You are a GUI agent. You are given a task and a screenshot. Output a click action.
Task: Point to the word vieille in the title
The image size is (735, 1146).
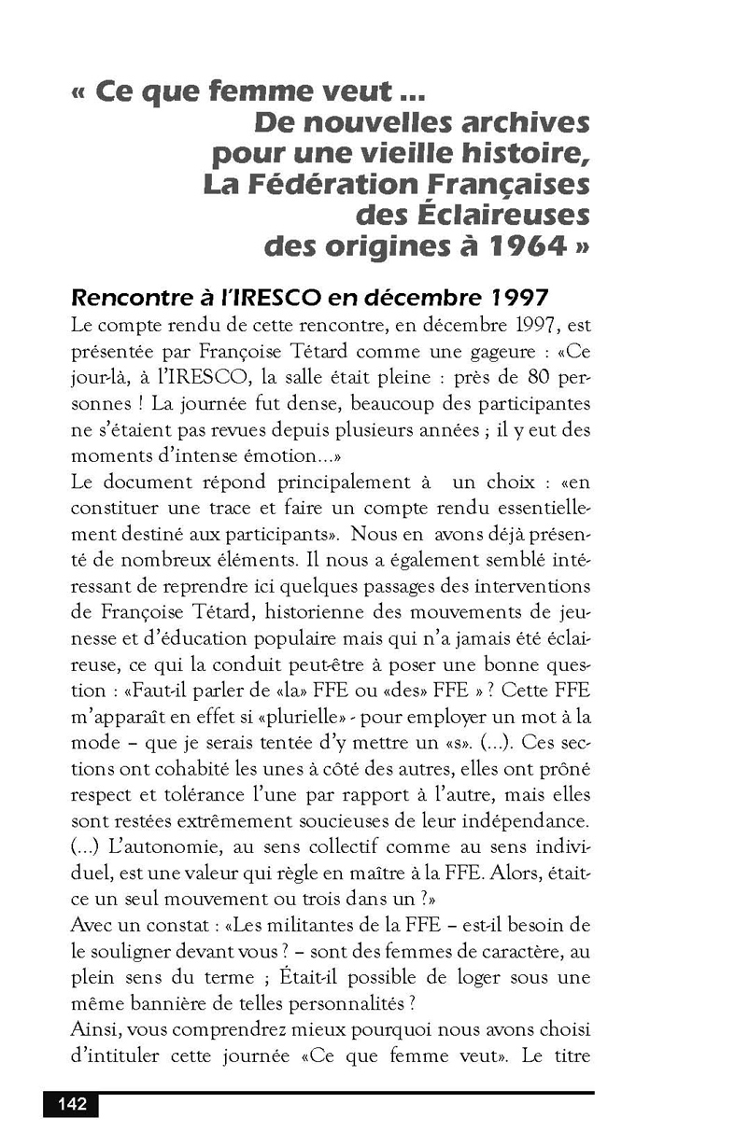coord(398,154)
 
